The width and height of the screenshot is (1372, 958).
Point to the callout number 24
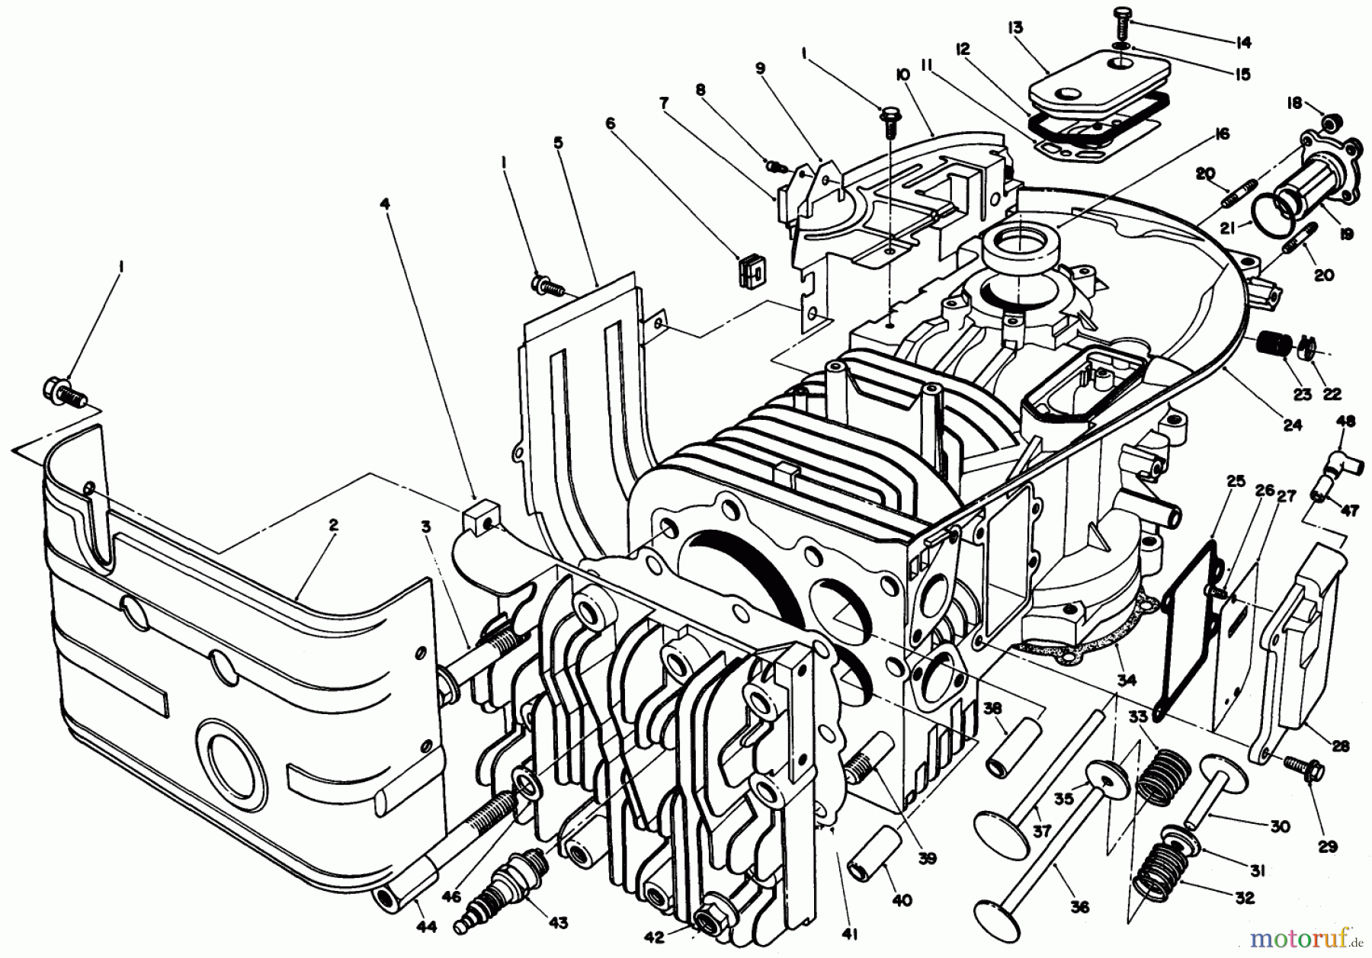[1292, 425]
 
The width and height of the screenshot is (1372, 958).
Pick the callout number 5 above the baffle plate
[559, 142]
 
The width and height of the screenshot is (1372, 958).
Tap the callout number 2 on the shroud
[333, 525]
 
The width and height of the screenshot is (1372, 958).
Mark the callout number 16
[1222, 134]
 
